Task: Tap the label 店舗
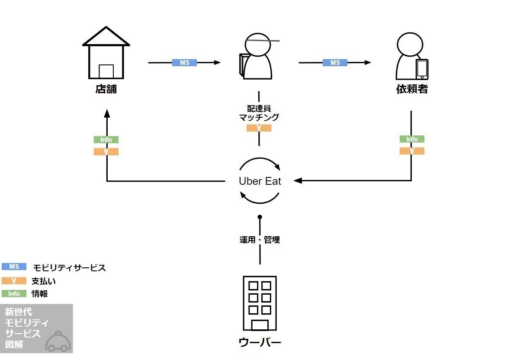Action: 106,90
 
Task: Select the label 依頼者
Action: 412,90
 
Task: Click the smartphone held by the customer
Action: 422,69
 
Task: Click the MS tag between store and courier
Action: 185,63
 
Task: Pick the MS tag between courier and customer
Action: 335,63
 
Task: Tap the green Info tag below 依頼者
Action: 412,139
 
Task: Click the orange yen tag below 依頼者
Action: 412,151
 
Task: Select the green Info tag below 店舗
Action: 106,140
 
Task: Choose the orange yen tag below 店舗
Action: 106,152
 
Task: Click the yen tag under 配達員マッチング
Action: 259,128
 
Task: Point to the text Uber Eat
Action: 259,181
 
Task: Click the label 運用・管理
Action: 259,240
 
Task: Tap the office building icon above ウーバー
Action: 259,303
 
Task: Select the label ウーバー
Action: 259,343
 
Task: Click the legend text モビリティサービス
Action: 69,268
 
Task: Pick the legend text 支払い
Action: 44,281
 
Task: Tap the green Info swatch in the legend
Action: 14,294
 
